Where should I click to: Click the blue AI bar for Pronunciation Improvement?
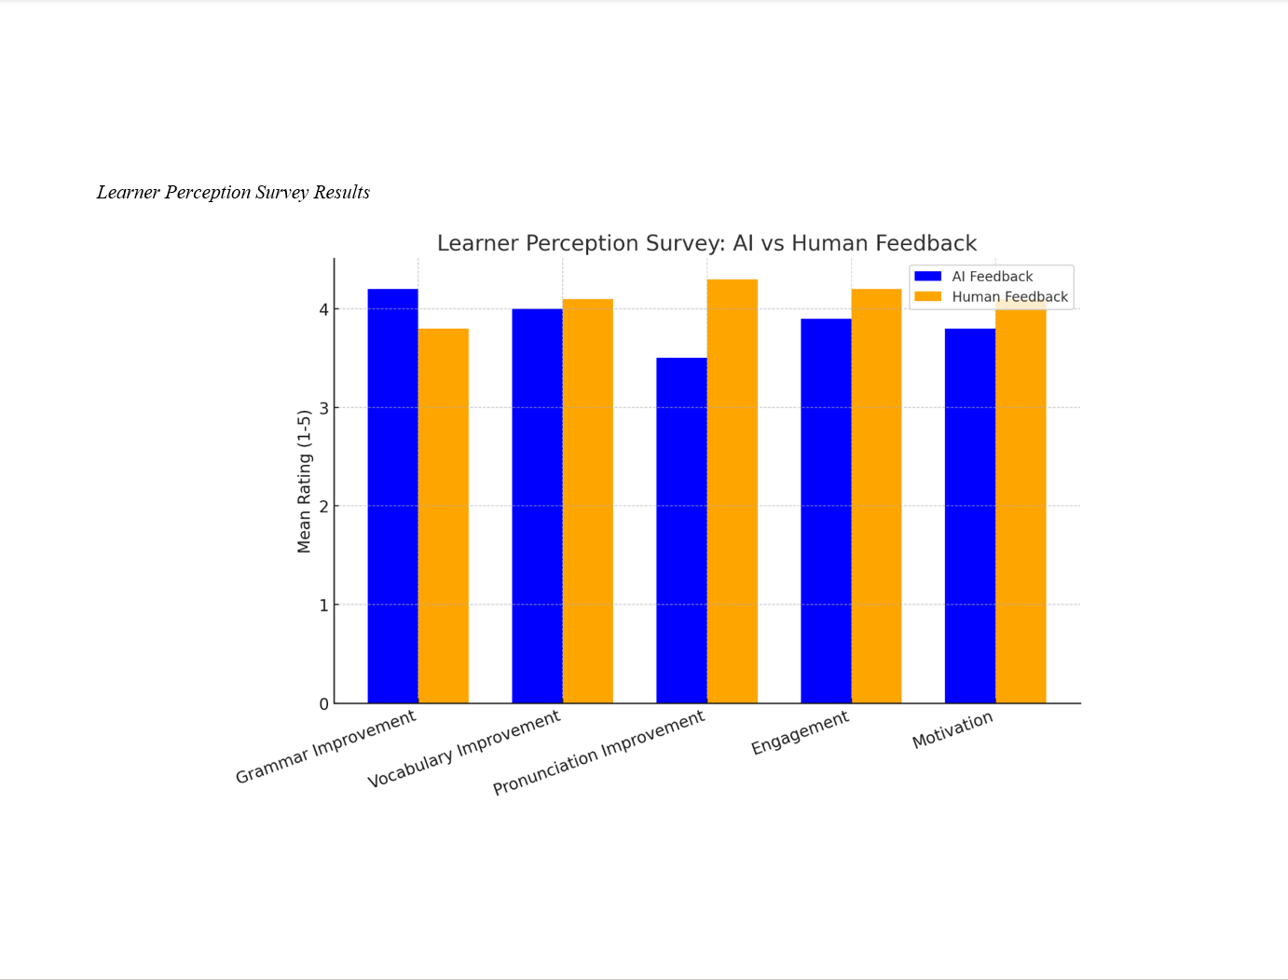tap(681, 530)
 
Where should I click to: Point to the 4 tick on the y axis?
tap(324, 309)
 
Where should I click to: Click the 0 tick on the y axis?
tap(324, 704)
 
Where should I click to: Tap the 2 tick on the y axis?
tap(324, 507)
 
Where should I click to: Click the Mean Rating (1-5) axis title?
tap(304, 482)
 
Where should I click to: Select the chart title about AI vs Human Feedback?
tap(706, 243)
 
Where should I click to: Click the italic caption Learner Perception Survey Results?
tap(233, 193)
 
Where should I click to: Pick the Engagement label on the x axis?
tap(801, 732)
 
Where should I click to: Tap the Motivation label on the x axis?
tap(952, 730)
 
